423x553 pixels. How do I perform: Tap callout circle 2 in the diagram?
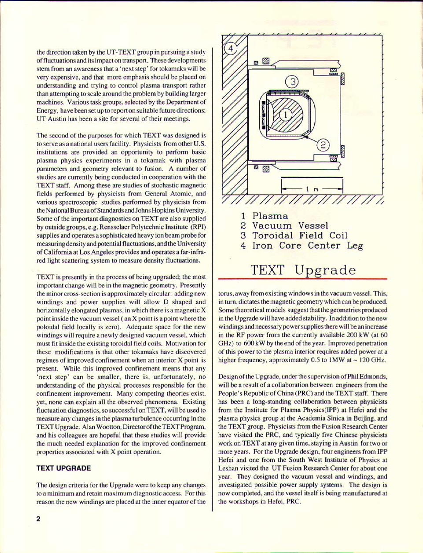point(324,146)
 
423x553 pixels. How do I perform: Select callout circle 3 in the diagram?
point(292,81)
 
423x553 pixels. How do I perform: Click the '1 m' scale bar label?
point(312,189)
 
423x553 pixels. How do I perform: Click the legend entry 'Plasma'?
point(270,216)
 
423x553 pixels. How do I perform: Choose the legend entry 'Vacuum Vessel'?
point(290,226)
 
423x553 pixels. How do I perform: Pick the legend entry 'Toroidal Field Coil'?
point(299,235)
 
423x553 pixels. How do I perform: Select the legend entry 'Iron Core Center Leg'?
point(307,245)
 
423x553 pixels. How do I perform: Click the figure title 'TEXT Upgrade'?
point(303,269)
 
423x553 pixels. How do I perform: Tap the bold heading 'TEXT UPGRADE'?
point(64,468)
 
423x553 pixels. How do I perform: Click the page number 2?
point(38,519)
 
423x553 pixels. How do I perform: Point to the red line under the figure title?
point(303,279)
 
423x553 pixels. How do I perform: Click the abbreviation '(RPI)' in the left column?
point(196,227)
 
